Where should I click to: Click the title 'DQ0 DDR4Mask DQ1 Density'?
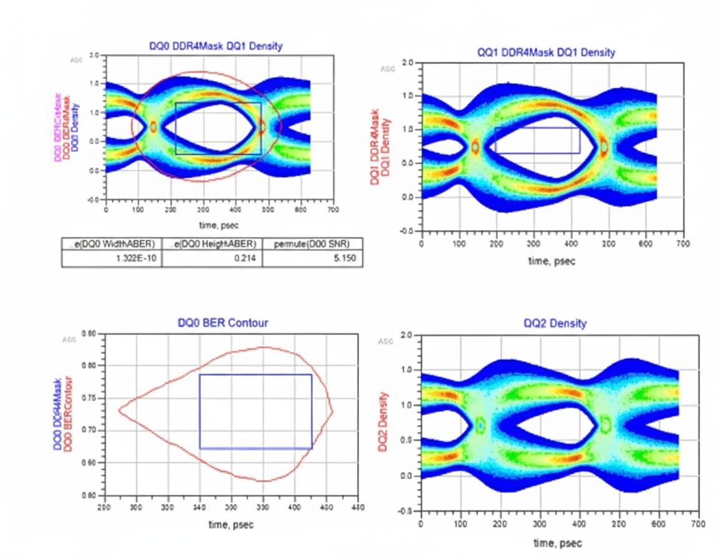pos(215,46)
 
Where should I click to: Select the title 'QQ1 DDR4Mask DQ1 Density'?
pos(545,52)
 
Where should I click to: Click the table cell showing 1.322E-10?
pos(112,258)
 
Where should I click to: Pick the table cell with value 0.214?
pos(212,258)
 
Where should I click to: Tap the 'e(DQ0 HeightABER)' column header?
pos(212,243)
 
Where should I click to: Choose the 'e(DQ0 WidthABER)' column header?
pos(112,243)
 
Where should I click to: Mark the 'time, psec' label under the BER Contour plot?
pos(231,525)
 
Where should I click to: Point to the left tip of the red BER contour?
pos(119,410)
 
